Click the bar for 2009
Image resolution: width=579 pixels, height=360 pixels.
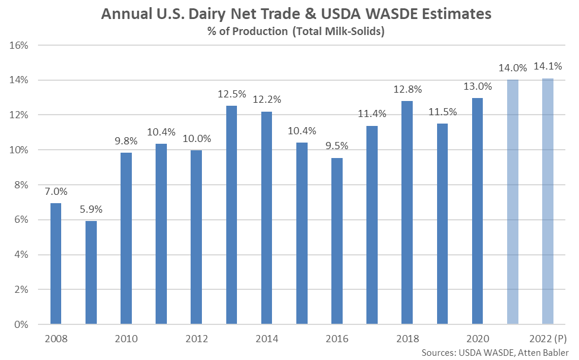pyautogui.click(x=91, y=273)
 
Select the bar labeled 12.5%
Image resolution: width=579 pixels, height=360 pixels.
pyautogui.click(x=232, y=215)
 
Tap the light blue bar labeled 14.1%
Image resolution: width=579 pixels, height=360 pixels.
pyautogui.click(x=548, y=201)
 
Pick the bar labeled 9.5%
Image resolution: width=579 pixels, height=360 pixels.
pyautogui.click(x=337, y=241)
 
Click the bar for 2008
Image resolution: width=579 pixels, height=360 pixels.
pyautogui.click(x=56, y=264)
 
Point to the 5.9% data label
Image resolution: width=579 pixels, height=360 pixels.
pyautogui.click(x=91, y=209)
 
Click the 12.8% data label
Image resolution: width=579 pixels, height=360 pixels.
pyautogui.click(x=407, y=89)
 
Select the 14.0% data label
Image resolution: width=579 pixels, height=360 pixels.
pyautogui.click(x=512, y=68)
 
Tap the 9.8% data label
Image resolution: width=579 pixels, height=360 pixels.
pyautogui.click(x=126, y=141)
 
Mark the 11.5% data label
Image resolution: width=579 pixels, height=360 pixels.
pyautogui.click(x=442, y=112)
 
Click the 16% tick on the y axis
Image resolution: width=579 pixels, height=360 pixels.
pyautogui.click(x=19, y=45)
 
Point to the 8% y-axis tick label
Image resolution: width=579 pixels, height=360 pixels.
pyautogui.click(x=21, y=185)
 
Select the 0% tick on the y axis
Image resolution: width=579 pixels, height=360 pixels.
pyautogui.click(x=21, y=324)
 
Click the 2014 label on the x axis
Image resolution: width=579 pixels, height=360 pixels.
pyautogui.click(x=267, y=339)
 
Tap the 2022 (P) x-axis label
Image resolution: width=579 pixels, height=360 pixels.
pyautogui.click(x=548, y=339)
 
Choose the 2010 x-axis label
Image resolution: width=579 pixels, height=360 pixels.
pyautogui.click(x=126, y=339)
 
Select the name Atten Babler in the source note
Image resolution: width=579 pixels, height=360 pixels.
pyautogui.click(x=543, y=353)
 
